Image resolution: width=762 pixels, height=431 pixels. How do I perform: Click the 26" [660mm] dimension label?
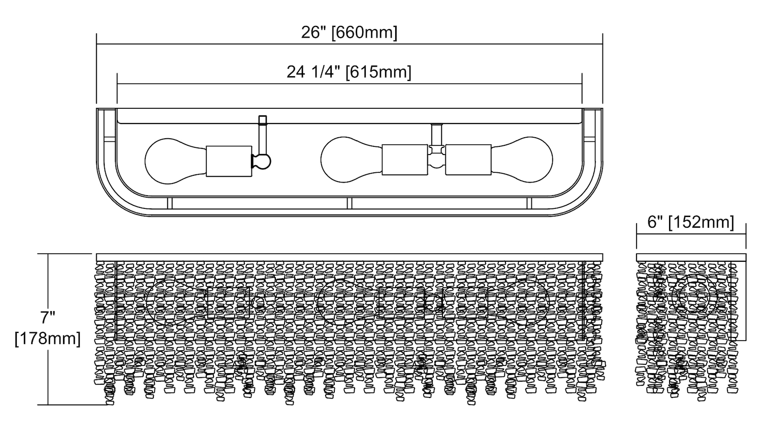pyautogui.click(x=349, y=33)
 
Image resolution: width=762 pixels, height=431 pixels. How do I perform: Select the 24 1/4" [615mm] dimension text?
pyautogui.click(x=349, y=72)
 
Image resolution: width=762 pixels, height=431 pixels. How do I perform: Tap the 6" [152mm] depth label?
pyautogui.click(x=691, y=222)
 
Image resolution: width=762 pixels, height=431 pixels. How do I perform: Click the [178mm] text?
pyautogui.click(x=48, y=338)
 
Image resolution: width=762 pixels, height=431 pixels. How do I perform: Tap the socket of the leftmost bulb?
pyautogui.click(x=229, y=161)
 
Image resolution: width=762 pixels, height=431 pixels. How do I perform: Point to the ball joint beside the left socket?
pyautogui.click(x=262, y=161)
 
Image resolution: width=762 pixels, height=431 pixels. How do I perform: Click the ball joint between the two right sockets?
pyautogui.click(x=436, y=161)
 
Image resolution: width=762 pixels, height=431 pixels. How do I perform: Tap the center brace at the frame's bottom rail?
pyautogui.click(x=349, y=203)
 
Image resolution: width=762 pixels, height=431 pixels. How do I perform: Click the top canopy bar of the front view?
pyautogui.click(x=349, y=257)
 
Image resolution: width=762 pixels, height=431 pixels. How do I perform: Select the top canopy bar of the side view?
pyautogui.click(x=691, y=257)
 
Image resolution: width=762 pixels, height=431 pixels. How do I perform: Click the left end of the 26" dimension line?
pyautogui.click(x=97, y=45)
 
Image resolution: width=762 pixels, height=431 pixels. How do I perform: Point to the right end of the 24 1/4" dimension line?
pyautogui.click(x=582, y=84)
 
